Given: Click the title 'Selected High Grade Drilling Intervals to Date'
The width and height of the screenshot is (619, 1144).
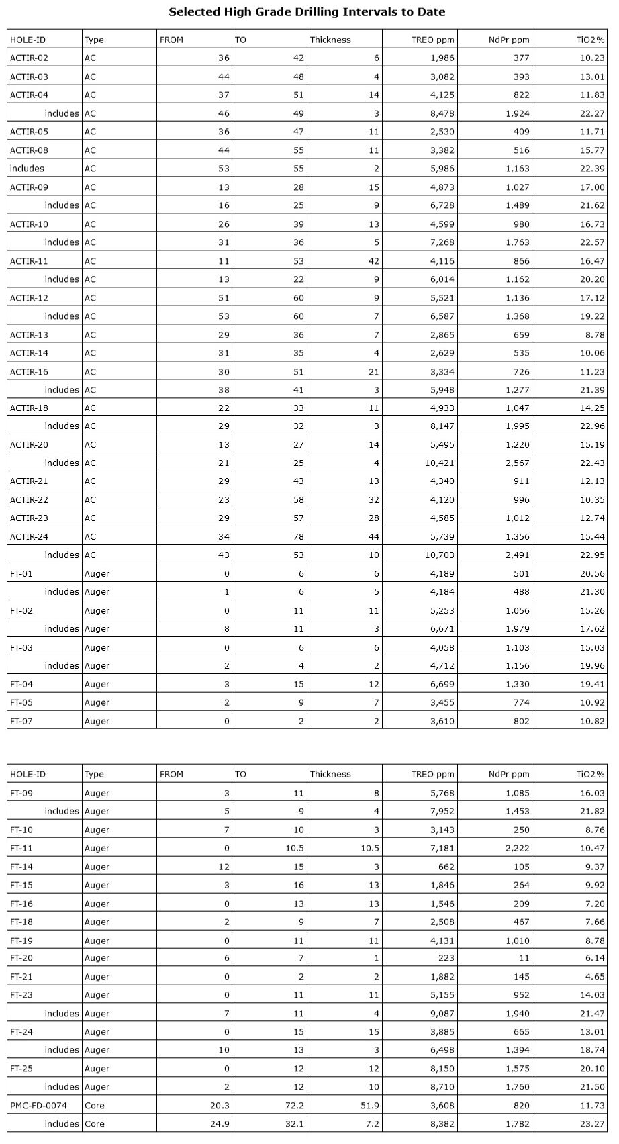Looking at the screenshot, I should [x=307, y=12].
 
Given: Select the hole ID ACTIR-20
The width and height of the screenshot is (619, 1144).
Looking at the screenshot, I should [x=29, y=444].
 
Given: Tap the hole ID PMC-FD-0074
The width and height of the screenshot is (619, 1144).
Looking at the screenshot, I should [x=38, y=1105].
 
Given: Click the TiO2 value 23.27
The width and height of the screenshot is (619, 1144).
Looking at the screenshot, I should [x=591, y=1123].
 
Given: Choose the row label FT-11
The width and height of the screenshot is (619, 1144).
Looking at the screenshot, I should [x=21, y=848].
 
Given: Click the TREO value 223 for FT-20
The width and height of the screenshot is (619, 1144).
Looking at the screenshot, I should [x=446, y=958].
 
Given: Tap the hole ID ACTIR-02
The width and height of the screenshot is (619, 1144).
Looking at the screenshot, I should [x=29, y=58].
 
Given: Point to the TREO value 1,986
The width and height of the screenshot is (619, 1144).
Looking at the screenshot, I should [x=441, y=58].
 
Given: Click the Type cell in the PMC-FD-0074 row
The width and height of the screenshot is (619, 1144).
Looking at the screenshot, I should [x=95, y=1105].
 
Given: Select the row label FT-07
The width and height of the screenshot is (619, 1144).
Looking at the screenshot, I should [x=21, y=721].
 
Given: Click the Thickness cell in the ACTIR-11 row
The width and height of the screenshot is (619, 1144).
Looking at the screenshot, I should [x=373, y=261].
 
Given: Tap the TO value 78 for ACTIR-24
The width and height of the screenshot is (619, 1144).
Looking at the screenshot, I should [x=298, y=536].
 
